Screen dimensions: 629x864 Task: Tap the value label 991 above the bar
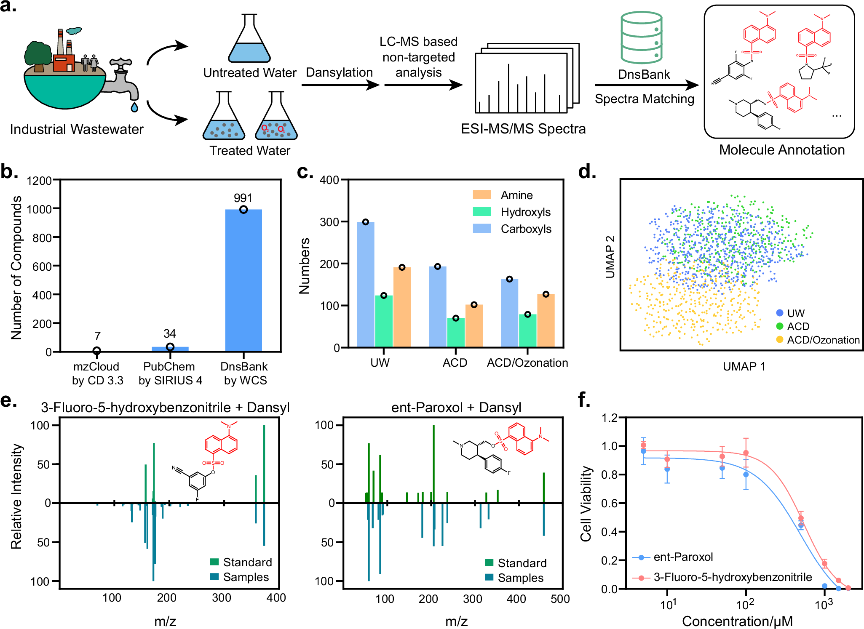coord(243,198)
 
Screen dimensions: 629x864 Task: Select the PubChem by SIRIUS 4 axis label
coord(170,373)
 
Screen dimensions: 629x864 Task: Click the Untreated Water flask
coord(249,40)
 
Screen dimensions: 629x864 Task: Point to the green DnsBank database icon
coord(641,38)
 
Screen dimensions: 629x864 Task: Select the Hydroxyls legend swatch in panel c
coord(482,212)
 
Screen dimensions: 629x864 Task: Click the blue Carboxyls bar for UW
coord(365,284)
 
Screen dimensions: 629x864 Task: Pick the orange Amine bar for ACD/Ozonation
coord(546,320)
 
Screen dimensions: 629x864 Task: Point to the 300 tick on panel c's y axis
coord(330,222)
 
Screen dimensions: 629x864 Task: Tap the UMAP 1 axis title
coord(744,367)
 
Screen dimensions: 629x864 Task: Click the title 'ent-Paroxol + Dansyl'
coord(456,408)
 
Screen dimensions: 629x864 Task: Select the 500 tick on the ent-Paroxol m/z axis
coord(560,599)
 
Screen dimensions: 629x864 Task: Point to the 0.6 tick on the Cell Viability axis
coord(609,503)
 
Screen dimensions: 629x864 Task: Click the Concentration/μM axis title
coord(737,621)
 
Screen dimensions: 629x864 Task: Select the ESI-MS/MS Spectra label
coord(523,129)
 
